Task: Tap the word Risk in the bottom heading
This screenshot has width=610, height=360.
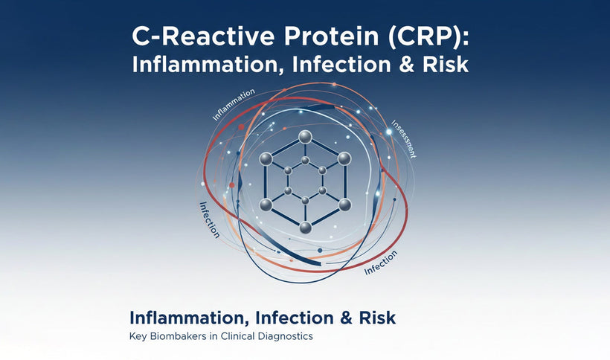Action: coord(374,318)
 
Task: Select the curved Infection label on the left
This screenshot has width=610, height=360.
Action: coord(209,220)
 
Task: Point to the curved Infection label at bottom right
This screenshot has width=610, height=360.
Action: coord(381,263)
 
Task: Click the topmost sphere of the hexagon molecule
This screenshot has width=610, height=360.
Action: coord(304,136)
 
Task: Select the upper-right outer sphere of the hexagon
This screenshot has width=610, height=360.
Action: coord(344,158)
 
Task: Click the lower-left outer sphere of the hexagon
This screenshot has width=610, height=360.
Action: coord(265,205)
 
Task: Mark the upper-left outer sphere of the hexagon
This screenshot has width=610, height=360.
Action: coord(265,158)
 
